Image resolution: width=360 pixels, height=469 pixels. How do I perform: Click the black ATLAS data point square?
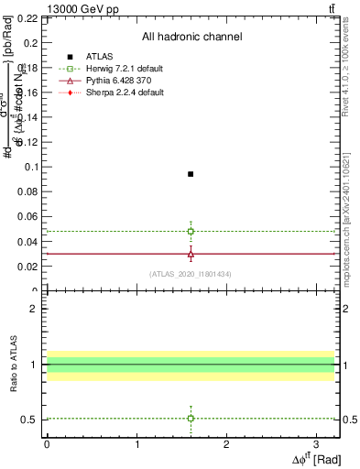coord(191,174)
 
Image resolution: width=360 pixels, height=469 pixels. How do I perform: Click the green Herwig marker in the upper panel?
coord(191,231)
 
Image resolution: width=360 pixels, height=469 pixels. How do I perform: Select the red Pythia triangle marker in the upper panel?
coord(191,254)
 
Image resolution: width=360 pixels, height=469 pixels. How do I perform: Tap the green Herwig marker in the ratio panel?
coord(191,418)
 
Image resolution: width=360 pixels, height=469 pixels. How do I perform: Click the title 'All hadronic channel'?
coord(191,38)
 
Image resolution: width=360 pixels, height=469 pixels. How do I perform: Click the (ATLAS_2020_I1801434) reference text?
coord(191,275)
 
